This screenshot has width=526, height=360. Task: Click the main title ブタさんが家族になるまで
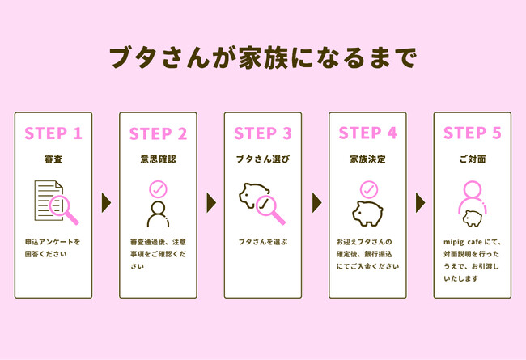[x=262, y=59]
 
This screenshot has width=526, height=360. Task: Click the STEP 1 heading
[x=53, y=133]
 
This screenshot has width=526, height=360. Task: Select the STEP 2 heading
[x=158, y=133]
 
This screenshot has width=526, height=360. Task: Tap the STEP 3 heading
[x=262, y=133]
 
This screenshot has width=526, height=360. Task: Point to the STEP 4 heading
[x=367, y=133]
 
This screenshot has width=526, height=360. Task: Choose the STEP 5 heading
[x=472, y=133]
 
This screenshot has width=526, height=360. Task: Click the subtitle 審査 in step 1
[x=53, y=159]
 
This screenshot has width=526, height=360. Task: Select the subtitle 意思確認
[x=158, y=159]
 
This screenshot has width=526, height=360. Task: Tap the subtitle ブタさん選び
[x=262, y=159]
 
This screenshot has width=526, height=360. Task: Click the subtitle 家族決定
[x=367, y=159]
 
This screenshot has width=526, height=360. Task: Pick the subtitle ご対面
[x=472, y=159]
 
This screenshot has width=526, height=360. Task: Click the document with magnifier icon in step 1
[x=54, y=203]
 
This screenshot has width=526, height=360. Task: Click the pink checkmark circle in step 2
[x=158, y=189]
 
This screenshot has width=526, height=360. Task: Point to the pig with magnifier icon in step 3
[x=262, y=203]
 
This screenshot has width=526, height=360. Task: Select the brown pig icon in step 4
[x=367, y=213]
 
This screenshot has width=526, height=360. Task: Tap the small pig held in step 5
[x=472, y=218]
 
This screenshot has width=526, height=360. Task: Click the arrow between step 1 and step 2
[x=105, y=202]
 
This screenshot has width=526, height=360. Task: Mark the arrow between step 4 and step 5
[x=420, y=202]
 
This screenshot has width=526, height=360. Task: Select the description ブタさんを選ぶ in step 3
[x=262, y=242]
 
